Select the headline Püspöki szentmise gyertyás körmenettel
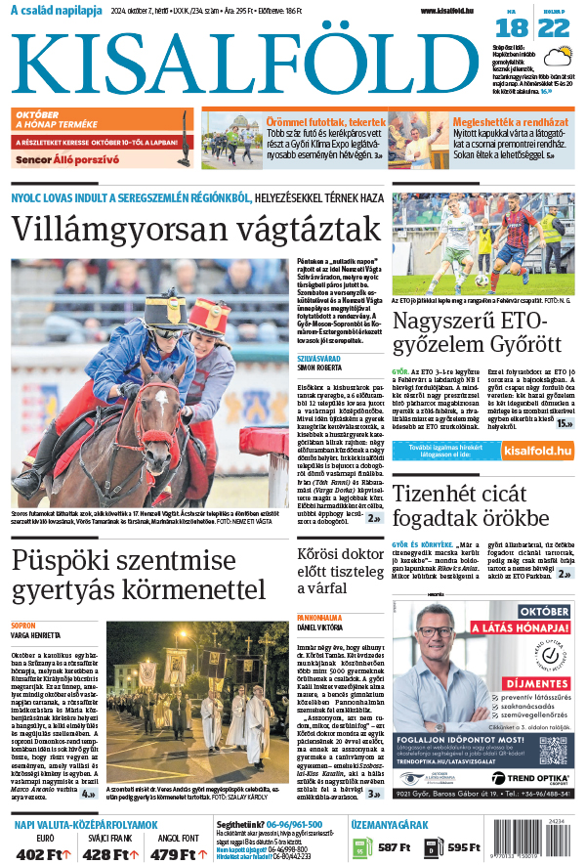click(x=139, y=576)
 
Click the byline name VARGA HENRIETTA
click(x=34, y=633)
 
